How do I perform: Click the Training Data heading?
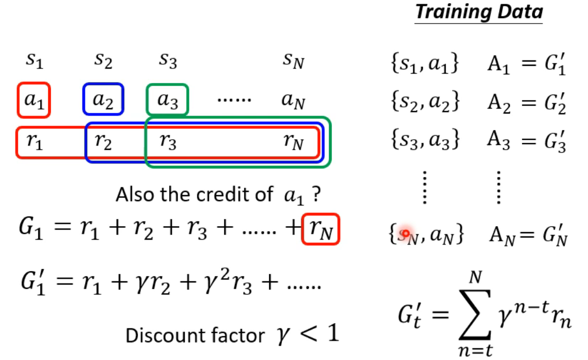coord(479,12)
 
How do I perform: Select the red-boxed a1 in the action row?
coord(33,100)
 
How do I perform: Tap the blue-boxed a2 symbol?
coord(103,100)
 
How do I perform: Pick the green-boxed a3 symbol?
coord(167,100)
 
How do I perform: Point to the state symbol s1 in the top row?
coord(33,62)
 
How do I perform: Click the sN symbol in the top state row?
coord(294,62)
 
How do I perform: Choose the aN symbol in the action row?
coord(293,101)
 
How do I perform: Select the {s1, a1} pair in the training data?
coord(424,64)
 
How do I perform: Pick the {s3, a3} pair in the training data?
coord(424,141)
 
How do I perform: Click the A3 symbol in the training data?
coord(497,141)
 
